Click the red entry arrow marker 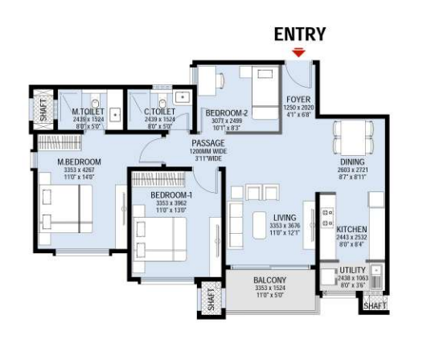[299, 53]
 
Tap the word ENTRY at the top [300, 34]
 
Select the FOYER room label [298, 100]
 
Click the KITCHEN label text [351, 229]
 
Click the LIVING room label [284, 218]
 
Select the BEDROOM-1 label [171, 195]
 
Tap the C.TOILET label [159, 112]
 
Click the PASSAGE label [207, 142]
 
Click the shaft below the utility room [373, 305]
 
